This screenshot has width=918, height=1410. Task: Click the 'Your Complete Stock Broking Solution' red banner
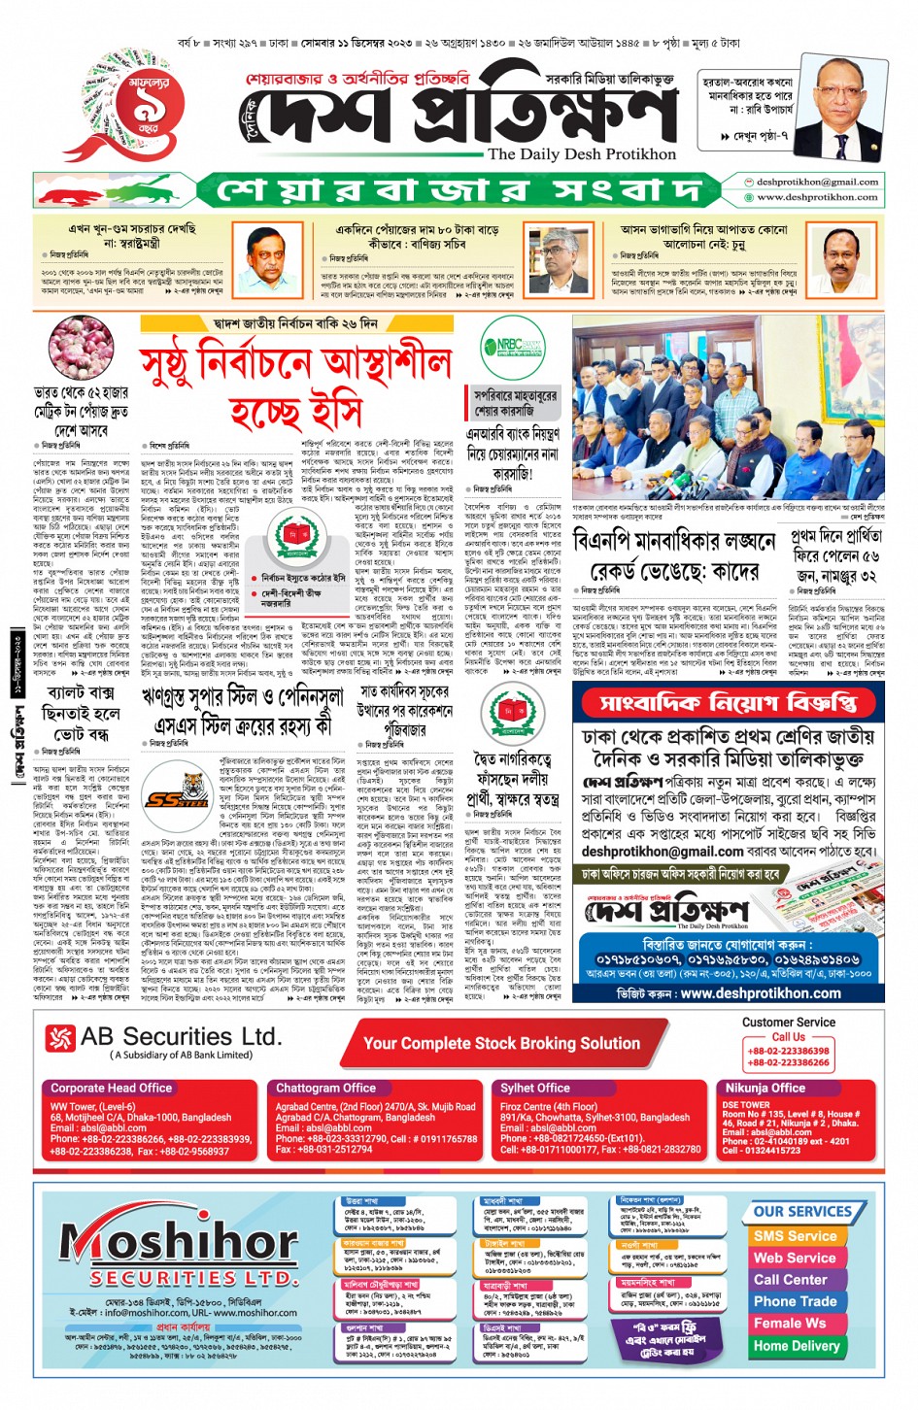point(501,1043)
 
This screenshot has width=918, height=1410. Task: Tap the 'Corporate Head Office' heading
point(112,1088)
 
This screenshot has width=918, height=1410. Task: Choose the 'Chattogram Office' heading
point(325,1088)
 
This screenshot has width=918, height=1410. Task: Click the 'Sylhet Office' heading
point(534,1088)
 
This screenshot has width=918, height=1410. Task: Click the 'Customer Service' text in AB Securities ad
point(788,1022)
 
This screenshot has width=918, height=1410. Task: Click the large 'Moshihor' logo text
point(179,1241)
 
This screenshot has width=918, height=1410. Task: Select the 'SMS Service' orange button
point(795,1236)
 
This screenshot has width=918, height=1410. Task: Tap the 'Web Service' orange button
point(795,1258)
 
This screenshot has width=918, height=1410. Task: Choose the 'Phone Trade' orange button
point(795,1301)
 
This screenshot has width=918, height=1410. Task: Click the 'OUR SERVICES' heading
point(802,1212)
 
